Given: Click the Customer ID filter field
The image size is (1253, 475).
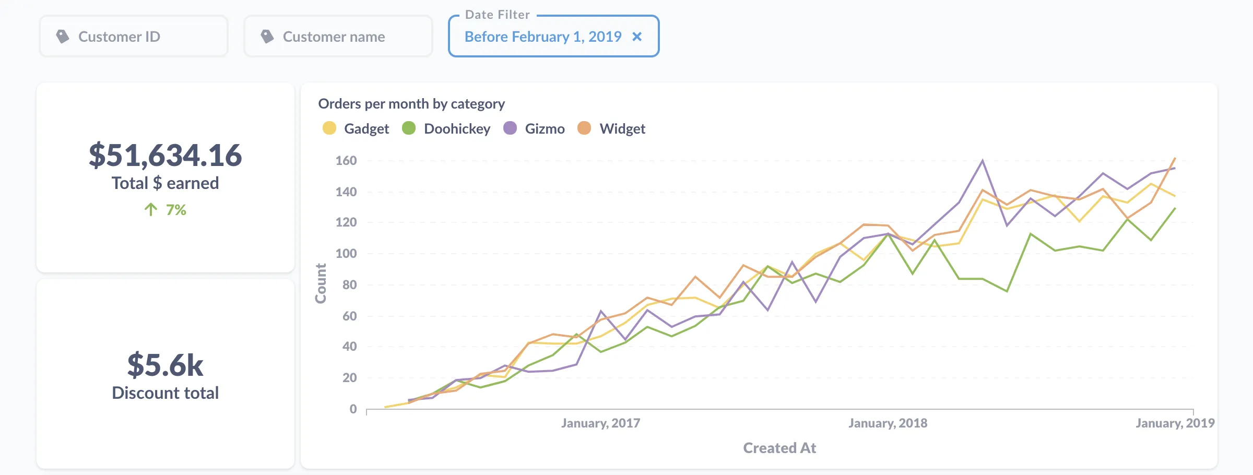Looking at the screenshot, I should (x=134, y=37).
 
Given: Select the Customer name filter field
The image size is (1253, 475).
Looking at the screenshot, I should (x=338, y=37).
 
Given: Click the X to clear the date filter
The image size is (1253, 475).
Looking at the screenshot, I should (x=637, y=37).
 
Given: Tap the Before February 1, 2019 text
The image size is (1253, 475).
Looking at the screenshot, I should (x=542, y=37).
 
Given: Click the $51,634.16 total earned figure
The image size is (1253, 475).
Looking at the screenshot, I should (x=165, y=156).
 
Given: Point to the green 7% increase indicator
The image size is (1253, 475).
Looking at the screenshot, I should (x=166, y=210).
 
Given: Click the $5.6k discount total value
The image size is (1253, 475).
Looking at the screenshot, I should (x=165, y=365).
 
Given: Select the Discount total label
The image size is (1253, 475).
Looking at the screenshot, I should (x=165, y=393).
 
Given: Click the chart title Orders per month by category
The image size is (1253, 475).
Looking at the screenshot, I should (x=411, y=104).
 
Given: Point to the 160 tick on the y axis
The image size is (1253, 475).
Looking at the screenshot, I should (x=346, y=161).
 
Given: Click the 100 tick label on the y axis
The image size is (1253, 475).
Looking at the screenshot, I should (x=346, y=254).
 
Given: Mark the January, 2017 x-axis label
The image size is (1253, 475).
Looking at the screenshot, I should (x=600, y=423).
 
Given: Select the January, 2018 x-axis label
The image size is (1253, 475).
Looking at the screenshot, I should (x=888, y=423).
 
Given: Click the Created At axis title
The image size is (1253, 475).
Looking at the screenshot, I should (x=779, y=448).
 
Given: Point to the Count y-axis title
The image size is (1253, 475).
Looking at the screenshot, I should (x=321, y=283).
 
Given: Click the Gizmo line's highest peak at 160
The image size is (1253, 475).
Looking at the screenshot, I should (x=983, y=161).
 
